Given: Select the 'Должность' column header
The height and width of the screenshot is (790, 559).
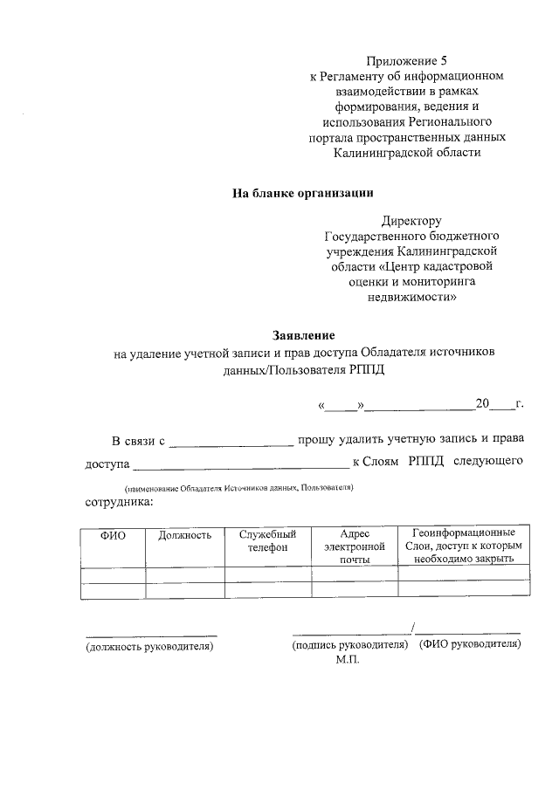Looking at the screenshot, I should [x=184, y=534].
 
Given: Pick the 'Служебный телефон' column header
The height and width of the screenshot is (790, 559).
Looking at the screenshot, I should [x=267, y=541].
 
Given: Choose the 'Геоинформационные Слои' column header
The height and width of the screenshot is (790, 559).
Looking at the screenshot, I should [x=464, y=546].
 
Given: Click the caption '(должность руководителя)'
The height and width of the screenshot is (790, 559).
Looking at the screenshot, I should [x=149, y=646].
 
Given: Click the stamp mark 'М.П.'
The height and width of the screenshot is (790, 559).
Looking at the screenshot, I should [x=347, y=661].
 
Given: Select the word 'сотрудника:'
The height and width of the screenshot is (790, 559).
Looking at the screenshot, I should [x=119, y=502].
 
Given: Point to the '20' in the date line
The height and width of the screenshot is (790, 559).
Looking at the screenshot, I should [x=482, y=404].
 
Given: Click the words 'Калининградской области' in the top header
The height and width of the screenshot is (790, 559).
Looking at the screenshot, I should [x=407, y=153].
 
